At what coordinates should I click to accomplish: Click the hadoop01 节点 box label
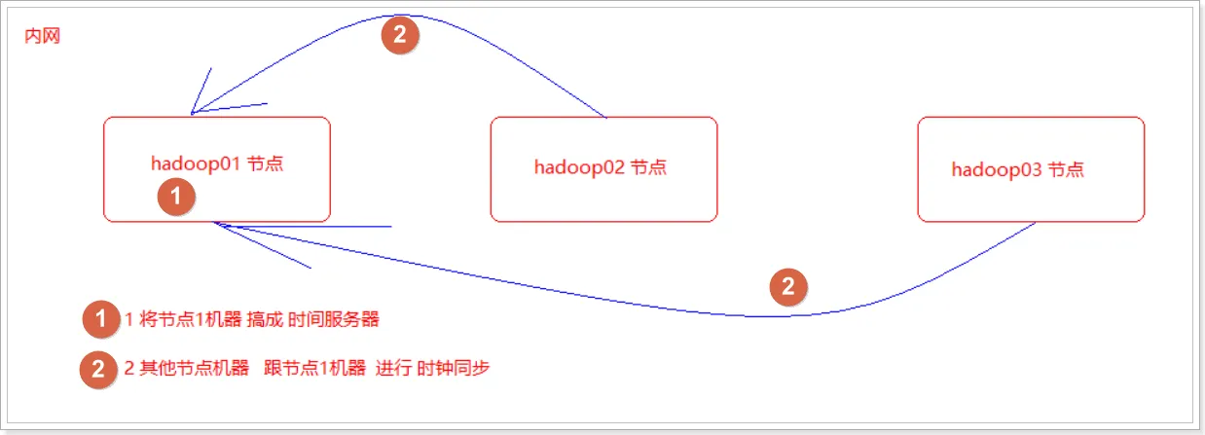(217, 163)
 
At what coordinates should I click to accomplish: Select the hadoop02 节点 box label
(601, 166)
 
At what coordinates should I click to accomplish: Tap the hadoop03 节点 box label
(1018, 169)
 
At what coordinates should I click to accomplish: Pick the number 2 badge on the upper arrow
(400, 35)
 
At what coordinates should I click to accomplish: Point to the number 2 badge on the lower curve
(788, 286)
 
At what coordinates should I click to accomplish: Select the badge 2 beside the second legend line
(98, 370)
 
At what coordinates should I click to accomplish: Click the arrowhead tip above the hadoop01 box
(193, 113)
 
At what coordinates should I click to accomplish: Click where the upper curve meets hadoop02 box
(607, 118)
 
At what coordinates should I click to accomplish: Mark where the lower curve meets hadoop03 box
(1036, 223)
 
